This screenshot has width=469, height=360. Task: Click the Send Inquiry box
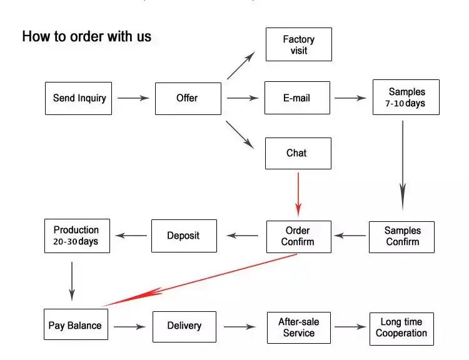[79, 98]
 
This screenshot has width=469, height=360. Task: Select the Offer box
[188, 98]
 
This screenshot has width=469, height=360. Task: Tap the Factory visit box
[298, 44]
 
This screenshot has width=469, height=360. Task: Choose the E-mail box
[297, 98]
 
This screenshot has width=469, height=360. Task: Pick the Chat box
[298, 153]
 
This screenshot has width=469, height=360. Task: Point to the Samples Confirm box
[401, 236]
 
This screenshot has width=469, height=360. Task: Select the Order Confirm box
[298, 236]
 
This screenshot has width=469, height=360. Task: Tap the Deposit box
[184, 236]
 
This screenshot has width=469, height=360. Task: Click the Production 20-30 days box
[77, 236]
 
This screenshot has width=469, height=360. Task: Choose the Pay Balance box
[75, 326]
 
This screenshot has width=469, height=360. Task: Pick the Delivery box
[184, 326]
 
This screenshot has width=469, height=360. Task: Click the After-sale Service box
[298, 327]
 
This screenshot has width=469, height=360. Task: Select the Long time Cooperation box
[401, 328]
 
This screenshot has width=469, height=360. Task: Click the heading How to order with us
[87, 36]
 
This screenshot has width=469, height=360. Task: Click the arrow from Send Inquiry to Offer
[133, 98]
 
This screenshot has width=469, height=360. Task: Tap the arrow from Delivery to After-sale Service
[240, 326]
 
